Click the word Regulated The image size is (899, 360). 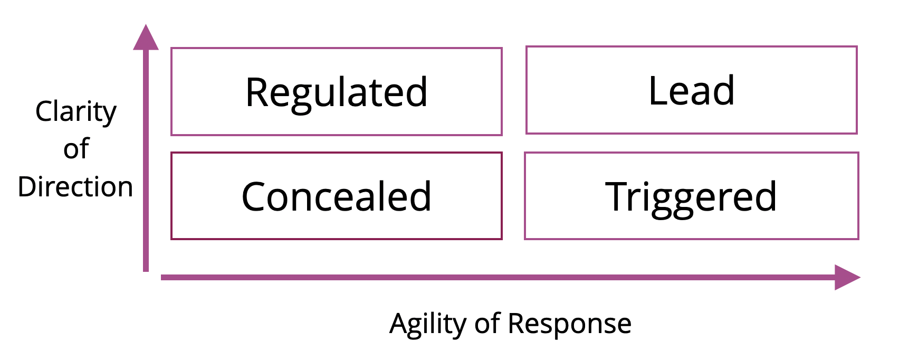tap(337, 92)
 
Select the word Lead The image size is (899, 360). tap(691, 91)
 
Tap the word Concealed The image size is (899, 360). tap(337, 196)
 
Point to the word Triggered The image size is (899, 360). tap(691, 197)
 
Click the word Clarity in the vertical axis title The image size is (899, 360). tap(76, 111)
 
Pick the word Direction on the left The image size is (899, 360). tap(75, 187)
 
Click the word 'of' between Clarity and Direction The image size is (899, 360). tap(76, 149)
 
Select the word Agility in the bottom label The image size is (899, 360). tap(427, 324)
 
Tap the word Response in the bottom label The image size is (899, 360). tap(569, 324)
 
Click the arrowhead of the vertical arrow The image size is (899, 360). tap(146, 38)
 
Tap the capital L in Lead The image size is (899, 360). tap(657, 91)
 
